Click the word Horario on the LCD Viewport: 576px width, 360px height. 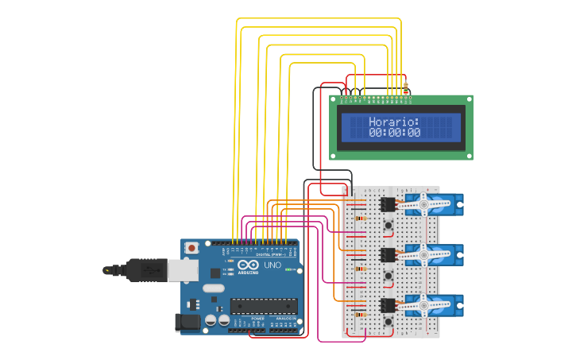[394, 122]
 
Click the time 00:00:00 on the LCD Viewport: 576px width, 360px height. [394, 134]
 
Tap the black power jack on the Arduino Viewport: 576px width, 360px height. [187, 321]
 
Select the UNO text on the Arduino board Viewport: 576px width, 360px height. [273, 265]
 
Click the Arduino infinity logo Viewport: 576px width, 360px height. [248, 265]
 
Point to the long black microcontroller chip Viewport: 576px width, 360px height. [264, 305]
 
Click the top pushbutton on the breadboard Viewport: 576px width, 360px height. [388, 226]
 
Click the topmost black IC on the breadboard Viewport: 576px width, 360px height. [388, 204]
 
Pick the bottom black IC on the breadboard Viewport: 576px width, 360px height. [388, 305]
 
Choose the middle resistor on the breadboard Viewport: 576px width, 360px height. [361, 268]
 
